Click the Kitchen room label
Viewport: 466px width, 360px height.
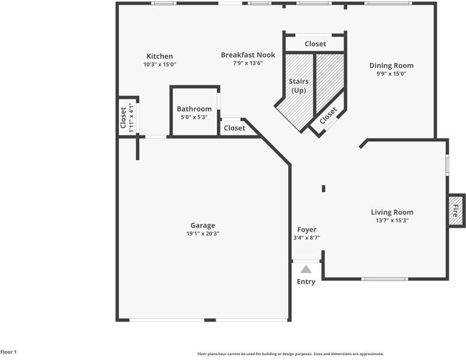[160, 56]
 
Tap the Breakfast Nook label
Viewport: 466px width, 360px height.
[248, 55]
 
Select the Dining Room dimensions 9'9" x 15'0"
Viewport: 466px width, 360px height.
[391, 74]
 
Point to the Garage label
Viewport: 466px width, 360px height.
[203, 226]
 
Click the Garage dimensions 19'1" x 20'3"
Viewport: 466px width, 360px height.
[203, 233]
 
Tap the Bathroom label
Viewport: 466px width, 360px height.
[194, 109]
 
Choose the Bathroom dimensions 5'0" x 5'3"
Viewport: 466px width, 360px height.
[194, 117]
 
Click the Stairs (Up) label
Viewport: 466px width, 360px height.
[298, 86]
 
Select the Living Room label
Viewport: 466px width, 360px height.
[392, 212]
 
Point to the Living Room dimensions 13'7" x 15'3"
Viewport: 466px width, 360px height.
[392, 220]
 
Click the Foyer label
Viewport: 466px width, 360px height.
[307, 230]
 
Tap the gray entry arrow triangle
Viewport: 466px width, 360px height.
[306, 269]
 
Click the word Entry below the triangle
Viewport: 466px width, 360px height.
[306, 281]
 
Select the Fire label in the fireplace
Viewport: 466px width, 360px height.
[455, 210]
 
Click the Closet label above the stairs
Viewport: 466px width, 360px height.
[315, 44]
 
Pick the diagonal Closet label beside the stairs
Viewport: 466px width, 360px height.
[328, 116]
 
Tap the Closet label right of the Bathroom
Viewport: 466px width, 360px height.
[234, 128]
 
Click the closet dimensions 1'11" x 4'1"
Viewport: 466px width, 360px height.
[131, 118]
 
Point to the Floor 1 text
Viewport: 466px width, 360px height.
[8, 352]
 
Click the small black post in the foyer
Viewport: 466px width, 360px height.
[324, 188]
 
